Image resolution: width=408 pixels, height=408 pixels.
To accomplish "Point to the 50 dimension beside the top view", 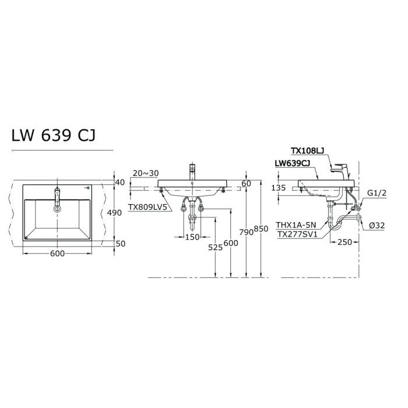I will click(x=121, y=244).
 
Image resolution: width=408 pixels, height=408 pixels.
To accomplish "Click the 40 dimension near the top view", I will click(x=121, y=183).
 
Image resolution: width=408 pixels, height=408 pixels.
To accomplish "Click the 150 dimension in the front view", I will click(x=192, y=237).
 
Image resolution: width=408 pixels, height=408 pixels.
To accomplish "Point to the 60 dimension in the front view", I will click(x=245, y=184).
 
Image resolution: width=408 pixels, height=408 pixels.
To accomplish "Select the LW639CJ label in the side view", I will click(x=294, y=165).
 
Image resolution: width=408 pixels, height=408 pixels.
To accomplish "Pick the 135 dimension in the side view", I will click(x=280, y=188).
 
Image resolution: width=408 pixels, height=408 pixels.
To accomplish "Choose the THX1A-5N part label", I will click(x=296, y=224).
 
